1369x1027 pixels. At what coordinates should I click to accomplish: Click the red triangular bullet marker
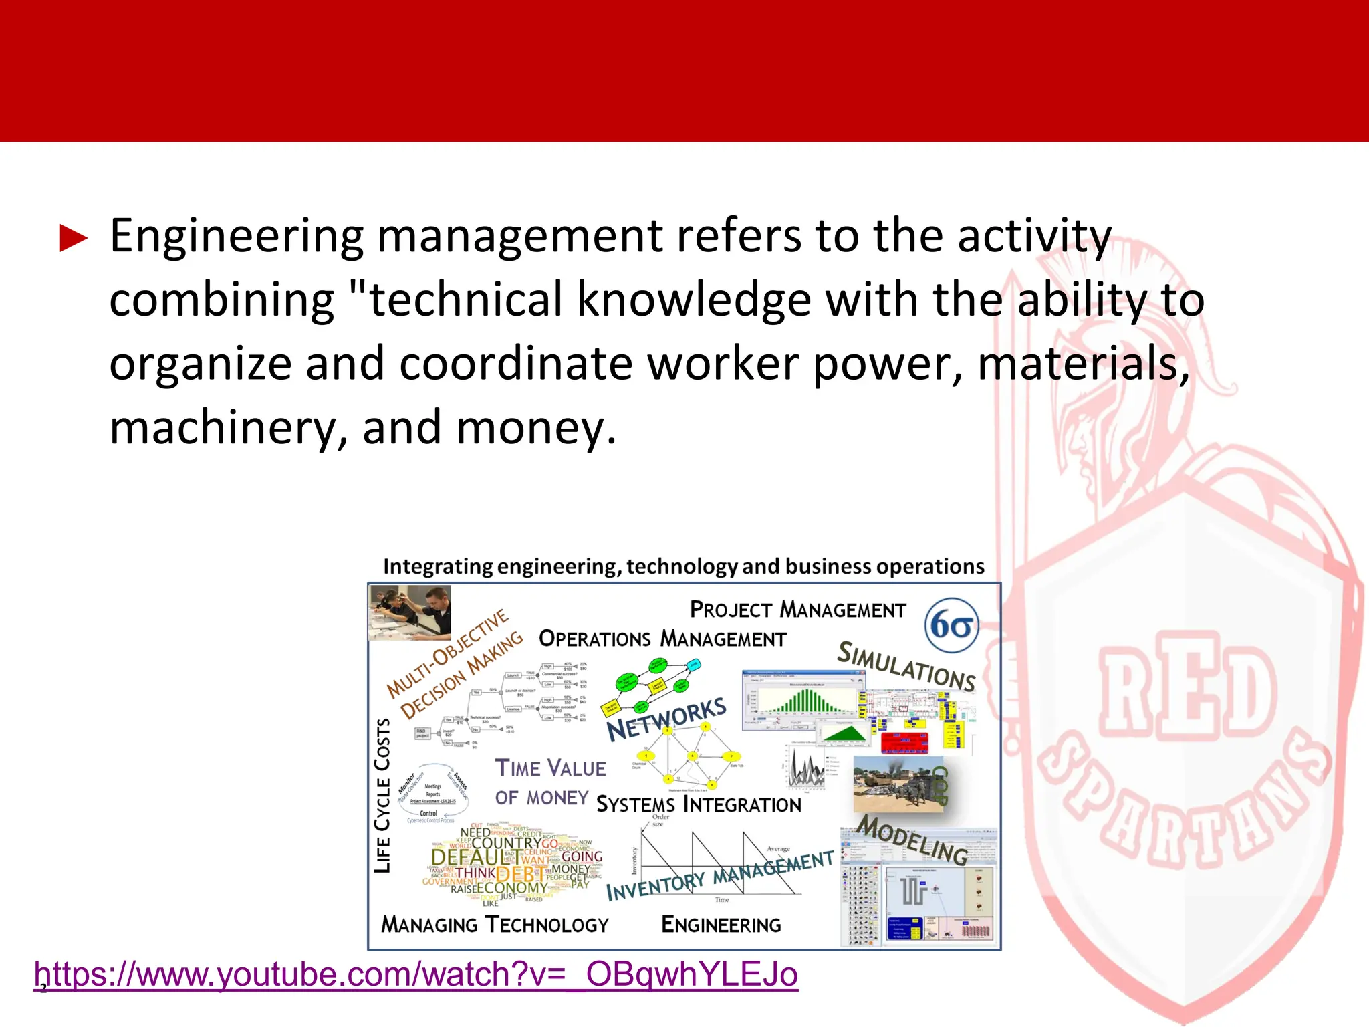[74, 239]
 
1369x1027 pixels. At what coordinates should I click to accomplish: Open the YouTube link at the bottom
[416, 975]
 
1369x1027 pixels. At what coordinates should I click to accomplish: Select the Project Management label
[797, 610]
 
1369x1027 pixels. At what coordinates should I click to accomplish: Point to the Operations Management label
[662, 639]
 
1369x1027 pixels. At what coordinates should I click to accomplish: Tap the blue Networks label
[666, 719]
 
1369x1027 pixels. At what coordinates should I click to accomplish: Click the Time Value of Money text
[549, 781]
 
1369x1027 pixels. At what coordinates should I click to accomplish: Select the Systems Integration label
[698, 805]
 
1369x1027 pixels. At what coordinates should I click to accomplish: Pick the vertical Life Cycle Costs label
[382, 795]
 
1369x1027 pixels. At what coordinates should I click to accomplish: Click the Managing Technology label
[495, 925]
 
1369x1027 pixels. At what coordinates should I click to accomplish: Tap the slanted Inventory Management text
[719, 875]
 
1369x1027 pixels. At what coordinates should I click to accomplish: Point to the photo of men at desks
[410, 612]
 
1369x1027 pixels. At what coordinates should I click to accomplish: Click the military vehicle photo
[897, 784]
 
